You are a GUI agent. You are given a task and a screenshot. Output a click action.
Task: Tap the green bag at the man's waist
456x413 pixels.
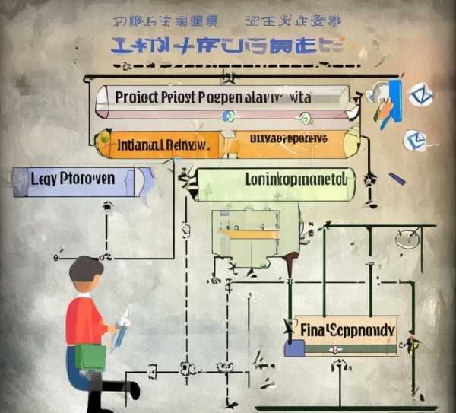[x=90, y=357]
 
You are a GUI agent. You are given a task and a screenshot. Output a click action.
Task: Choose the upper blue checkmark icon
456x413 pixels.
[x=420, y=96]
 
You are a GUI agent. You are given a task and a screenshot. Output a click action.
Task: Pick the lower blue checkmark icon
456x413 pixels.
[x=414, y=139]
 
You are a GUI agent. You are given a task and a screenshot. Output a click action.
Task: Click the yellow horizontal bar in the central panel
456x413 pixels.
[x=249, y=233]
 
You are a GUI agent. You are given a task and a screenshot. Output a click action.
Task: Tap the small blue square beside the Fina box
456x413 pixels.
[x=294, y=348]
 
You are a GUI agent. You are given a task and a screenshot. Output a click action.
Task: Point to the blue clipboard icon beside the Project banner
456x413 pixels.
[x=392, y=97]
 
